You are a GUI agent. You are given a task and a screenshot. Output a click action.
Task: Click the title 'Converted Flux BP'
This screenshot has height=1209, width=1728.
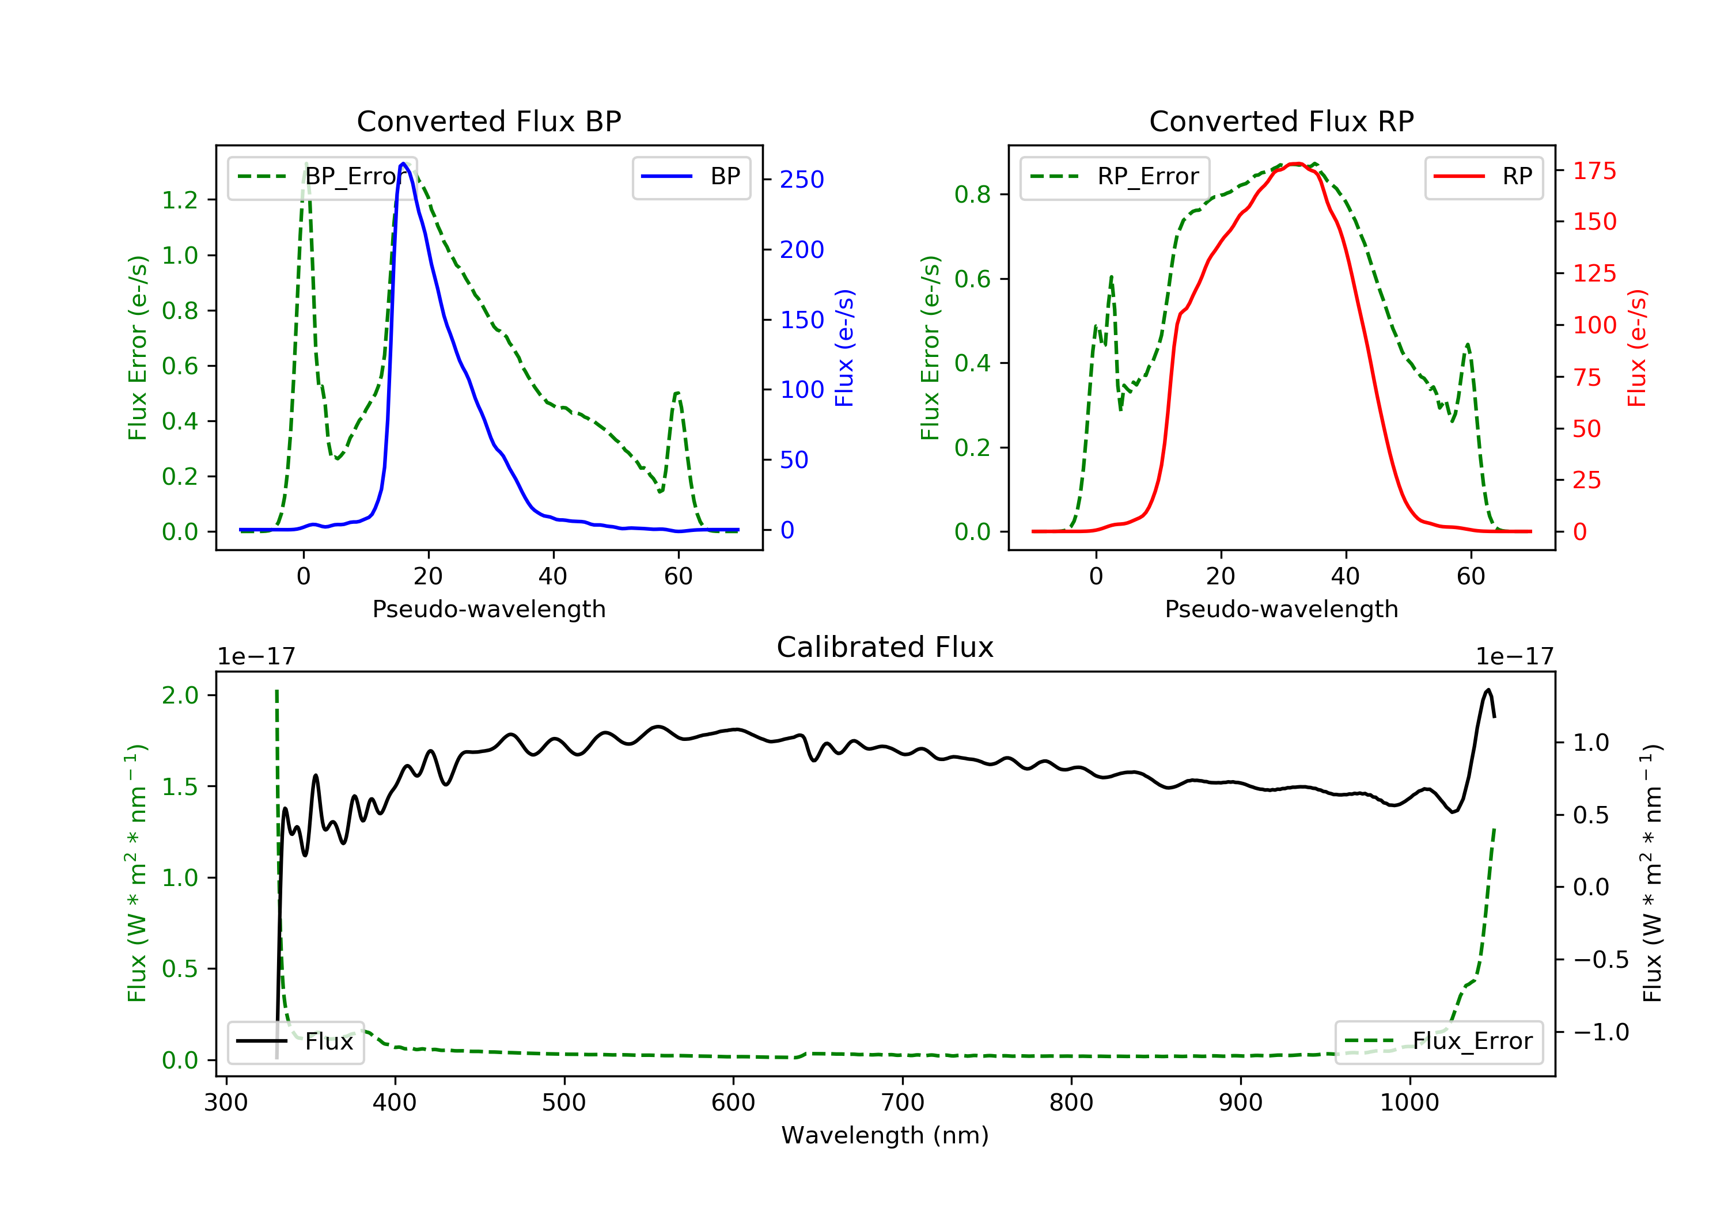[x=488, y=121]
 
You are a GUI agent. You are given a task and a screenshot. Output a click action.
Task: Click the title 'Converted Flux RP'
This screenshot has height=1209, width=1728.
[x=1281, y=121]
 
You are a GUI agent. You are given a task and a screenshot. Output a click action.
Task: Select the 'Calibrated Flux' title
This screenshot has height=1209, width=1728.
[x=885, y=647]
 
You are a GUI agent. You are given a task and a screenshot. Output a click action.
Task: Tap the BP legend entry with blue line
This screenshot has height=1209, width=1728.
[x=691, y=177]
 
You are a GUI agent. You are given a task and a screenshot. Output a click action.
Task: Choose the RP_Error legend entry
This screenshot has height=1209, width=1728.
[x=1114, y=177]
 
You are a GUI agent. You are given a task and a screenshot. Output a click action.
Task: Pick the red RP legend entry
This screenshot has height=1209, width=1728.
[x=1483, y=177]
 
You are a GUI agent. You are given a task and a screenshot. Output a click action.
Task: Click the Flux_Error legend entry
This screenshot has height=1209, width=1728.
[x=1438, y=1041]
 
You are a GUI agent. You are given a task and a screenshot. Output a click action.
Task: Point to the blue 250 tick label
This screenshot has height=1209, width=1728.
[x=802, y=179]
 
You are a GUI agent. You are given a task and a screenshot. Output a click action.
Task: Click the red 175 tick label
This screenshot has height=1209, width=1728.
[x=1594, y=171]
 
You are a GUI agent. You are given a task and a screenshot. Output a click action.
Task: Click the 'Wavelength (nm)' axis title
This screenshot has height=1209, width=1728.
[x=885, y=1135]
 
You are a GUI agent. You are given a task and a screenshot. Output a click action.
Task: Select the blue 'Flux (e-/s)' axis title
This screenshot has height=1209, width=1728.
[x=844, y=348]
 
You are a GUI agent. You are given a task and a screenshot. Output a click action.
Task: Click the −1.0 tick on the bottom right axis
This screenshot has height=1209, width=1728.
[x=1601, y=1032]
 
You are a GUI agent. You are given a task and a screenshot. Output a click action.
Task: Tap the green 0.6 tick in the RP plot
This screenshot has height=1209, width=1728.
[x=972, y=279]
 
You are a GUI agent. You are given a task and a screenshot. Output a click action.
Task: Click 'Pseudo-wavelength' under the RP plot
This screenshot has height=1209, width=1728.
[x=1281, y=609]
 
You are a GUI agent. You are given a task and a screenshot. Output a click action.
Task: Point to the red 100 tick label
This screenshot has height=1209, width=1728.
[x=1594, y=325]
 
